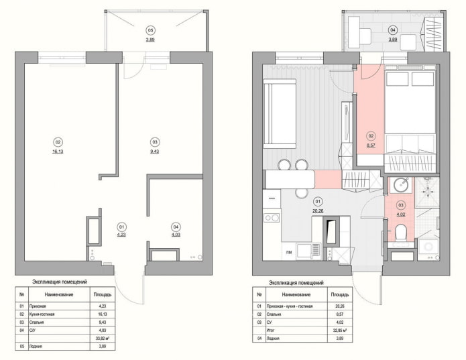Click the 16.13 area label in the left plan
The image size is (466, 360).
[x=58, y=152]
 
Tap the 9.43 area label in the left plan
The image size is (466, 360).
[x=155, y=152]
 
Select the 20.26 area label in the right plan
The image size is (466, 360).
[x=318, y=208]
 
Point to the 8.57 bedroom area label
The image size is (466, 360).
[x=371, y=144]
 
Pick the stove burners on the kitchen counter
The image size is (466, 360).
[x=273, y=218]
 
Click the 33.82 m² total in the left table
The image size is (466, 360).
[x=101, y=339]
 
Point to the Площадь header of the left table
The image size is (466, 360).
[x=101, y=294]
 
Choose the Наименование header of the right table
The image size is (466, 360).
[x=296, y=294]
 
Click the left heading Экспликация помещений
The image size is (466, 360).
[x=60, y=282]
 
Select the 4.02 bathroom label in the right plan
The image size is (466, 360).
[x=401, y=215]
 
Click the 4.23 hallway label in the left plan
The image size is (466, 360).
[x=121, y=235]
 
